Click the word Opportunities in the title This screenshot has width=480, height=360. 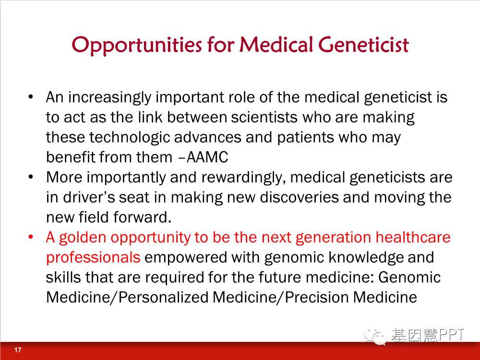(x=137, y=45)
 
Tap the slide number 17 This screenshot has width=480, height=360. (x=18, y=349)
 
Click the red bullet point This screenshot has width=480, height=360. (x=31, y=237)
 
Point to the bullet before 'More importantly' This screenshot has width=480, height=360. (x=31, y=177)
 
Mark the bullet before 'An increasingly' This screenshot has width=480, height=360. (x=31, y=97)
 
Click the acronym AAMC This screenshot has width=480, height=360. (x=207, y=157)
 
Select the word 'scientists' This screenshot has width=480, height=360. (x=264, y=117)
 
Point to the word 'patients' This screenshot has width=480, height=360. (x=305, y=137)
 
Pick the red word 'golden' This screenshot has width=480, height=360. (x=83, y=238)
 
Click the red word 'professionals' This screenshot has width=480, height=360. (x=93, y=258)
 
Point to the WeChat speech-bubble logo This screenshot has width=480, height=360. (x=375, y=337)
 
